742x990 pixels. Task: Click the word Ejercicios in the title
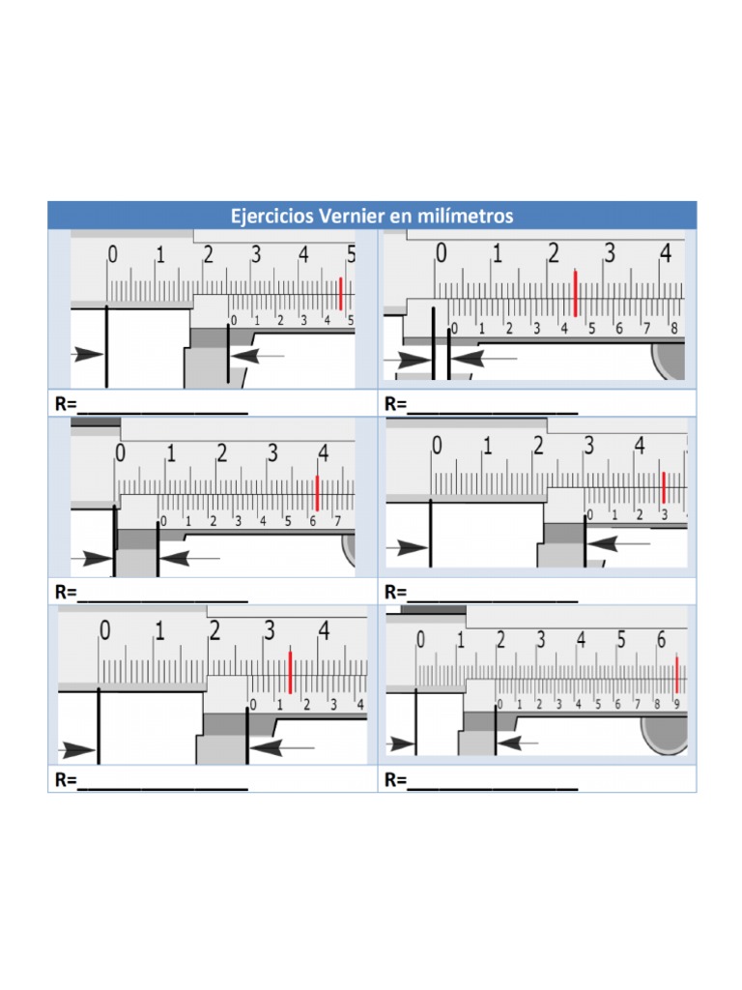272,216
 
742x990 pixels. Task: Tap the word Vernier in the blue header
352,216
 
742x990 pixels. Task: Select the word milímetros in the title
462,216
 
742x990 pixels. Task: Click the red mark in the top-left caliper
340,293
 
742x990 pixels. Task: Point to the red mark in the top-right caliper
576,293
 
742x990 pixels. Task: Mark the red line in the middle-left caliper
317,493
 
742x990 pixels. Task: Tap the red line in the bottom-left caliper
290,671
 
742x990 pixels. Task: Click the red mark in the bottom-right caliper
676,674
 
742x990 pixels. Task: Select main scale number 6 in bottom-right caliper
661,640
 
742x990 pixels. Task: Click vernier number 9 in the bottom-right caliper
676,704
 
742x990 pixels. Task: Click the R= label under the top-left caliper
65,404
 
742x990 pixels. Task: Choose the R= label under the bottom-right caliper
395,780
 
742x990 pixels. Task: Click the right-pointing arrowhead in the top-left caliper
89,355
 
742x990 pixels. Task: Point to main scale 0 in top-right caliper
442,254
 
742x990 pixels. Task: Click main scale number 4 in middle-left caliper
323,452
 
